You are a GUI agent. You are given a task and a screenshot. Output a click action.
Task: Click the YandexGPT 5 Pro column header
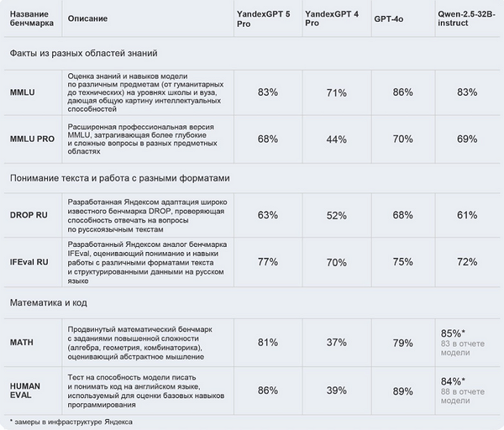pyautogui.click(x=263, y=19)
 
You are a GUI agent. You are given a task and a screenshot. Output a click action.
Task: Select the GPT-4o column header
pyautogui.click(x=389, y=19)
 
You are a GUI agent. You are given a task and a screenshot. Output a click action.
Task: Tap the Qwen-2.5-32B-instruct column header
pyautogui.click(x=466, y=18)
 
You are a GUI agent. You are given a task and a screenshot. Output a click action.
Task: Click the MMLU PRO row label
pyautogui.click(x=32, y=139)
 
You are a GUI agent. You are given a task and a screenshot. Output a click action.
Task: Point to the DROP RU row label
pyautogui.click(x=29, y=215)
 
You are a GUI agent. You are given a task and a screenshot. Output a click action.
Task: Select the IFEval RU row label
pyautogui.click(x=29, y=262)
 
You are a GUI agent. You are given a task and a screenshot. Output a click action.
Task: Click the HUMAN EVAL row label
pyautogui.click(x=25, y=391)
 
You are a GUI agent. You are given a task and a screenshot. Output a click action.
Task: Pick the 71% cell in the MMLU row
pyautogui.click(x=337, y=93)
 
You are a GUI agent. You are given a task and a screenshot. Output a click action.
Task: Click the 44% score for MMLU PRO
pyautogui.click(x=337, y=139)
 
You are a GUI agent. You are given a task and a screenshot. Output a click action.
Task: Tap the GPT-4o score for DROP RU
pyautogui.click(x=402, y=215)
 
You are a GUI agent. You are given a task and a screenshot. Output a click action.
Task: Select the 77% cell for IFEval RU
pyautogui.click(x=268, y=262)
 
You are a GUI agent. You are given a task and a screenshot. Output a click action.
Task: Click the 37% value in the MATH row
pyautogui.click(x=337, y=343)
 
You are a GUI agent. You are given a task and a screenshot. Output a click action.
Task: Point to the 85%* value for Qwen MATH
pyautogui.click(x=453, y=333)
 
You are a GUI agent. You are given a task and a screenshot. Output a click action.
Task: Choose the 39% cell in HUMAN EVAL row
pyautogui.click(x=337, y=391)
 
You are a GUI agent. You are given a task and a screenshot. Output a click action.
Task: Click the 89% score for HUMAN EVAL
pyautogui.click(x=402, y=391)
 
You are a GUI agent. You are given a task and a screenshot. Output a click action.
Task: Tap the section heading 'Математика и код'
pyautogui.click(x=49, y=302)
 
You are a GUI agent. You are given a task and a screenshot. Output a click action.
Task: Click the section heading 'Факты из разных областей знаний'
pyautogui.click(x=83, y=53)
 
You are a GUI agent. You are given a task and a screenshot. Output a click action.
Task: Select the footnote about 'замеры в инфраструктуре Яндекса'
pyautogui.click(x=71, y=422)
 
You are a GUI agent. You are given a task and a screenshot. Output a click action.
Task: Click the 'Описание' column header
pyautogui.click(x=87, y=18)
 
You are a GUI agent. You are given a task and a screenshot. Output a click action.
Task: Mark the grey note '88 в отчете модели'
pyautogui.click(x=463, y=396)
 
